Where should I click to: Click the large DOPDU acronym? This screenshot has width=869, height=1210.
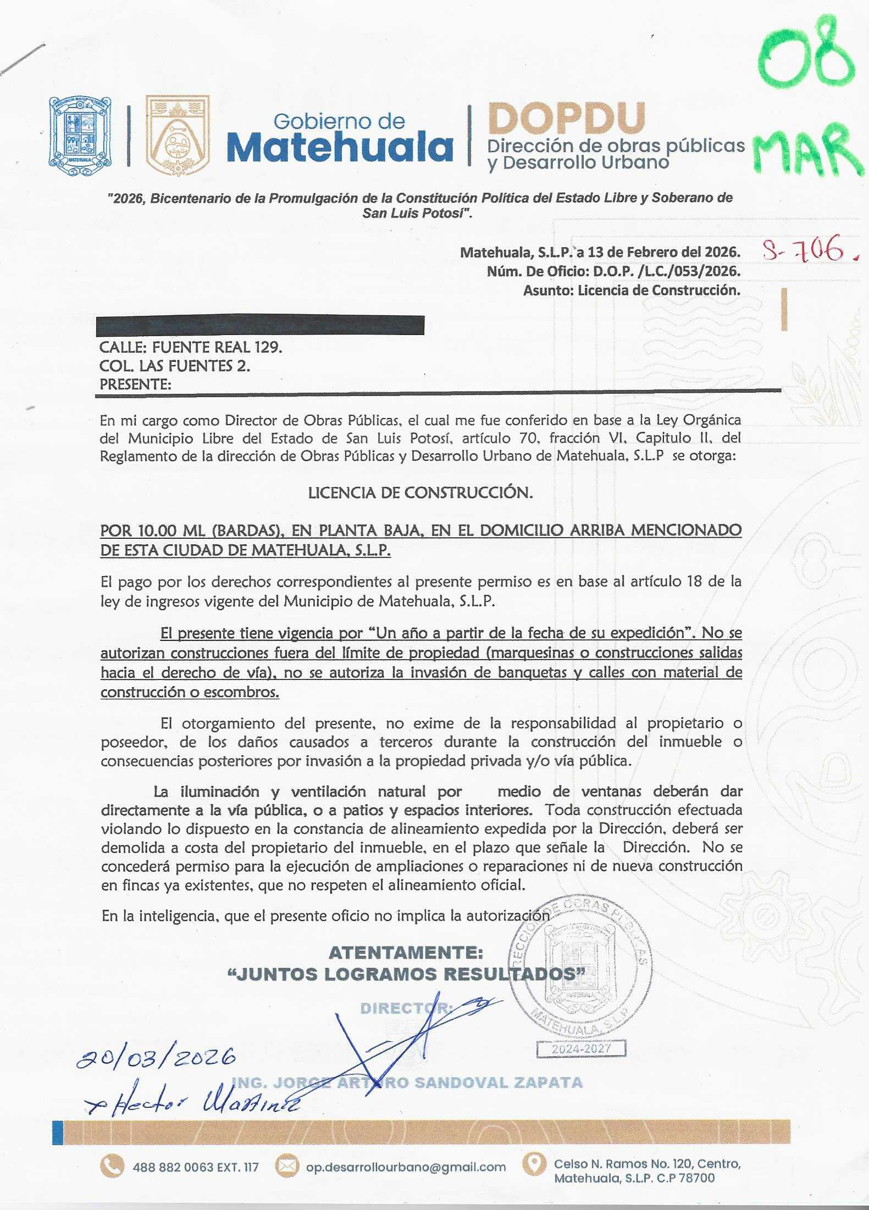(x=566, y=118)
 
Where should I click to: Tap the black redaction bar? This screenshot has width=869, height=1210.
(x=259, y=325)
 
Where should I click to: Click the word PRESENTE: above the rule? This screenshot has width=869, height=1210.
(x=135, y=384)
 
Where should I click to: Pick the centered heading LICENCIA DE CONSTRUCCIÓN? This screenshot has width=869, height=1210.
(x=420, y=493)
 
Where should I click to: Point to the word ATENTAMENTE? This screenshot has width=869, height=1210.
(x=406, y=953)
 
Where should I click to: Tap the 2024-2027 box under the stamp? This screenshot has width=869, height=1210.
(x=582, y=1049)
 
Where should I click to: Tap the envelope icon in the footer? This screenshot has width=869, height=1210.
(x=286, y=1167)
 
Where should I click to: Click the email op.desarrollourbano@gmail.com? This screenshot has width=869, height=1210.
(x=406, y=1167)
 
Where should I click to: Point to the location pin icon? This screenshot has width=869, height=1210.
(x=533, y=1163)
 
